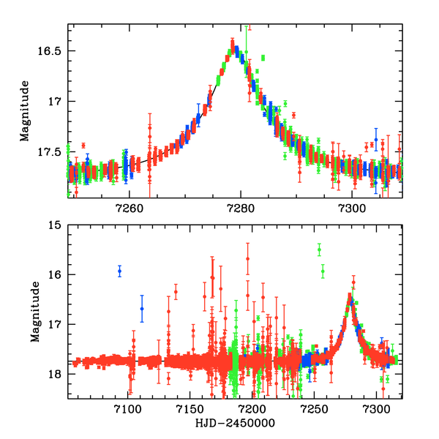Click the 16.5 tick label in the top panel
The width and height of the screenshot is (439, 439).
[51, 51]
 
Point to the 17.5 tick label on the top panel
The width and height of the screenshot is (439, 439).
[51, 151]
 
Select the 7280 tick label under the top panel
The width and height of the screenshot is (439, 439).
[241, 208]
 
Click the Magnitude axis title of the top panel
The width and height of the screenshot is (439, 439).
[24, 111]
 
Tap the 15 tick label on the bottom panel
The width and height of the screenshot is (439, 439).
[54, 225]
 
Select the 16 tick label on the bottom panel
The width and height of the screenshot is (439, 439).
[54, 275]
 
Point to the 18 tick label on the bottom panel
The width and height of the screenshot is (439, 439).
[54, 374]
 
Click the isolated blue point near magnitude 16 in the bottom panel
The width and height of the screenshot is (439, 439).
[119, 271]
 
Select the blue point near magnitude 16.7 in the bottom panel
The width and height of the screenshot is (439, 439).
[142, 308]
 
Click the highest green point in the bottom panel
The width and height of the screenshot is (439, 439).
[319, 250]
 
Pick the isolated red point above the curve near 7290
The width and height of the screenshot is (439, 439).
[293, 115]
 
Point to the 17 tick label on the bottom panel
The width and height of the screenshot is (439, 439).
[54, 324]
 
